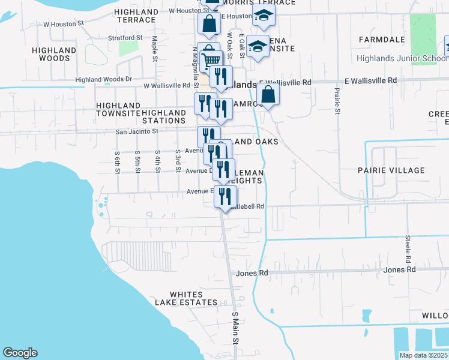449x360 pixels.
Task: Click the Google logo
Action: [20, 353]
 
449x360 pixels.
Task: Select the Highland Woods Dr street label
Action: [104, 79]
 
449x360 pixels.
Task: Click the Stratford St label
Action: [125, 37]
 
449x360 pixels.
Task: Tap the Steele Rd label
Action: [408, 251]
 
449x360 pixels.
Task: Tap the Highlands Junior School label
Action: [401, 59]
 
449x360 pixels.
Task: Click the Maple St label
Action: [154, 48]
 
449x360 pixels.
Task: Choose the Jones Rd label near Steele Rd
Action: [400, 269]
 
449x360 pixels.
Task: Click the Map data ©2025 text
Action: [423, 355]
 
